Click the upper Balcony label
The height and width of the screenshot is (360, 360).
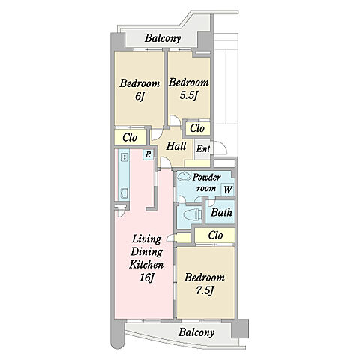(x=163, y=38)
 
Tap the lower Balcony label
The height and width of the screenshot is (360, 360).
(x=196, y=332)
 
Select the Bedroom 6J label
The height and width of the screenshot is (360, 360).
(x=139, y=89)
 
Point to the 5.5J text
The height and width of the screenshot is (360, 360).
(x=189, y=95)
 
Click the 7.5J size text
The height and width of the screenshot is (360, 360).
(x=205, y=290)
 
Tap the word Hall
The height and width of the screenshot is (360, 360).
(x=176, y=146)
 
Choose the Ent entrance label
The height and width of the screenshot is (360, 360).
(x=203, y=149)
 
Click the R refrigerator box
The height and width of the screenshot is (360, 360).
(x=148, y=154)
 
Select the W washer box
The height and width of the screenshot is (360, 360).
(x=228, y=190)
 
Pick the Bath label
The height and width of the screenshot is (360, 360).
(x=221, y=213)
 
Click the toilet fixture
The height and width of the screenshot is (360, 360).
(x=193, y=214)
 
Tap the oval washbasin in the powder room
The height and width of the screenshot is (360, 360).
(x=184, y=176)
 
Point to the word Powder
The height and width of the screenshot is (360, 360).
(x=206, y=178)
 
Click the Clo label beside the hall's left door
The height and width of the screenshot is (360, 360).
(x=130, y=137)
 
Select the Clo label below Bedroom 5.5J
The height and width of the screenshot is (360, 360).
(x=197, y=128)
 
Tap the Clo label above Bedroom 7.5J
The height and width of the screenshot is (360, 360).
(x=215, y=235)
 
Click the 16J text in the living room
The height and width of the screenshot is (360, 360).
(x=146, y=277)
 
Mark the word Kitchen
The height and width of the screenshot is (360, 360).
(x=146, y=265)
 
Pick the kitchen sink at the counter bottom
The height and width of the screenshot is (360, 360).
(x=124, y=193)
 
